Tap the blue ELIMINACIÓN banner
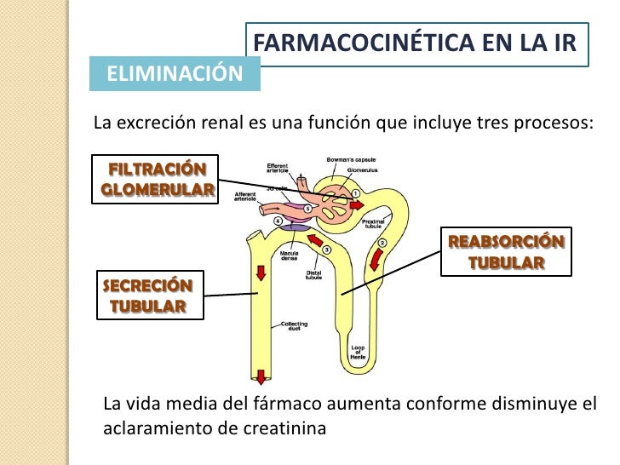point(175,74)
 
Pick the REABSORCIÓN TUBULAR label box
point(506,251)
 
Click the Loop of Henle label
point(358,352)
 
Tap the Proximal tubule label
point(373,224)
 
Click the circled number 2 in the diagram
point(382,244)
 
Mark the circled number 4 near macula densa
point(278,221)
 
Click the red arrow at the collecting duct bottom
point(260,375)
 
